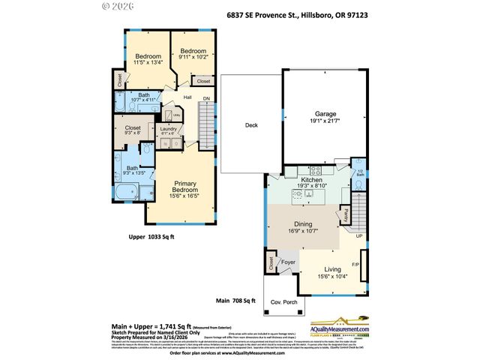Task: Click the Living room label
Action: pyautogui.click(x=332, y=272)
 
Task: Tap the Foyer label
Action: pyautogui.click(x=287, y=262)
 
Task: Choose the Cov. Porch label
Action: pyautogui.click(x=280, y=301)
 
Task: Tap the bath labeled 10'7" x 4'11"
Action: pyautogui.click(x=143, y=97)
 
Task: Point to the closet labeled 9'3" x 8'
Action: pyautogui.click(x=133, y=130)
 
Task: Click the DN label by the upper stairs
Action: pyautogui.click(x=207, y=98)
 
